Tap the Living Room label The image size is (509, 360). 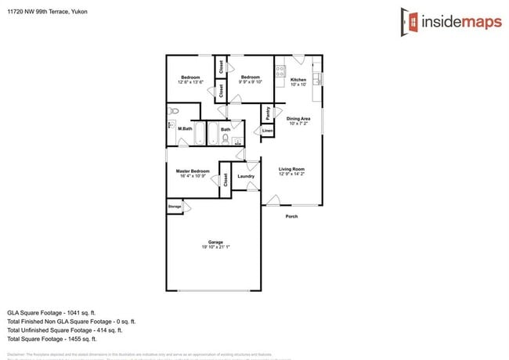tap(291, 169)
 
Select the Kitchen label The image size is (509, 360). tap(298, 80)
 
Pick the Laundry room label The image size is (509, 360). tap(246, 176)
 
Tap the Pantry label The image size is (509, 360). tap(268, 112)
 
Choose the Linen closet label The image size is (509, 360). tap(267, 130)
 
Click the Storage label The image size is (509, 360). tap(174, 207)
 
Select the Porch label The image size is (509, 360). tap(291, 216)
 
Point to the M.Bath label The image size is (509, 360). tap(186, 128)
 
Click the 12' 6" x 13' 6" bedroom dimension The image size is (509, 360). tap(191, 81)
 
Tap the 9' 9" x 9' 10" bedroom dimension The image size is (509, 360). tap(251, 81)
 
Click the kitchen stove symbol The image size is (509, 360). tap(280, 70)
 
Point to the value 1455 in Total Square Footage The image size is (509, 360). tap(81, 339)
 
